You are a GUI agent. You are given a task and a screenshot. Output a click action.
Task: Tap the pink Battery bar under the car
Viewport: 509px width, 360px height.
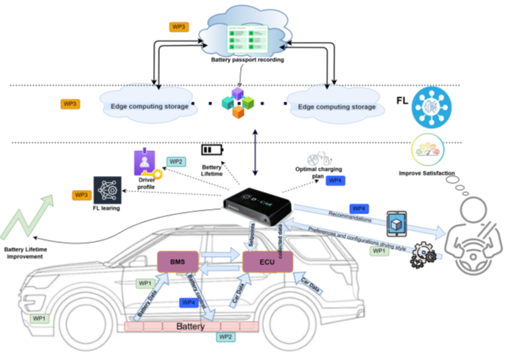coord(196,325)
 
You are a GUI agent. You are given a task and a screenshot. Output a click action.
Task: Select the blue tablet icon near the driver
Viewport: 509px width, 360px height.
coord(397,222)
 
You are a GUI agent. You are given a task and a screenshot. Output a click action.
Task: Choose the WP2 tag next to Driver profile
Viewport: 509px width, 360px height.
coord(176,160)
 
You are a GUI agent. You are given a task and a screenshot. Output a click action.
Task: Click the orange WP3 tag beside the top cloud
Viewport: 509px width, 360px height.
coord(179,27)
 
